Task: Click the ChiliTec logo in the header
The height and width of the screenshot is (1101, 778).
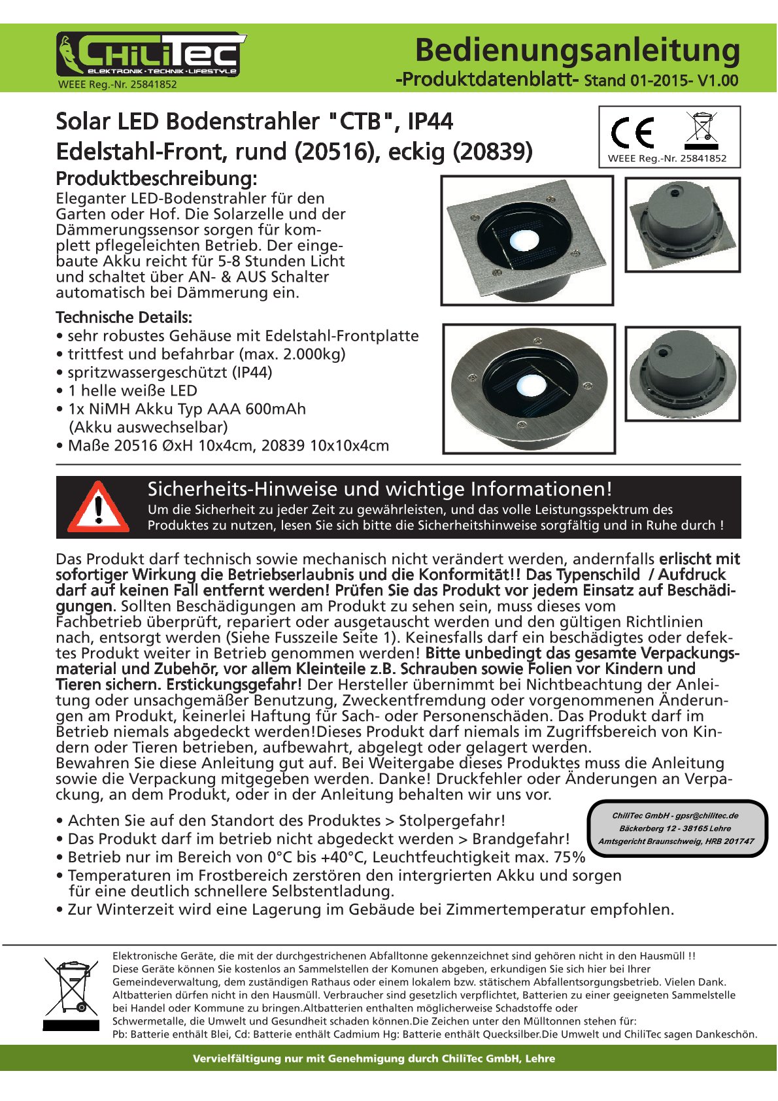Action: tap(150, 55)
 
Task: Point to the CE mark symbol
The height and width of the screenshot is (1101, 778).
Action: tap(632, 133)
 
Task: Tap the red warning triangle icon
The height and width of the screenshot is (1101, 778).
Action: tap(98, 508)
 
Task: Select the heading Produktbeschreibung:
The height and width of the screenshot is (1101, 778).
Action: tap(156, 178)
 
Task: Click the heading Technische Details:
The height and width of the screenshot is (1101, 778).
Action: tap(124, 318)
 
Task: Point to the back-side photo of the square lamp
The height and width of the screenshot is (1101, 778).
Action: tap(683, 224)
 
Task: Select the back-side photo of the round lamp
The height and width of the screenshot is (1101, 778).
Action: tap(683, 373)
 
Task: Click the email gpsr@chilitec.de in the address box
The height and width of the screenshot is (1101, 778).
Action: tap(707, 815)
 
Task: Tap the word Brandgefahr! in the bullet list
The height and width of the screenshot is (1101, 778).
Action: tap(521, 839)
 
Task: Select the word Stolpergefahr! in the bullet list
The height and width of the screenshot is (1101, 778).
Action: tap(452, 821)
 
